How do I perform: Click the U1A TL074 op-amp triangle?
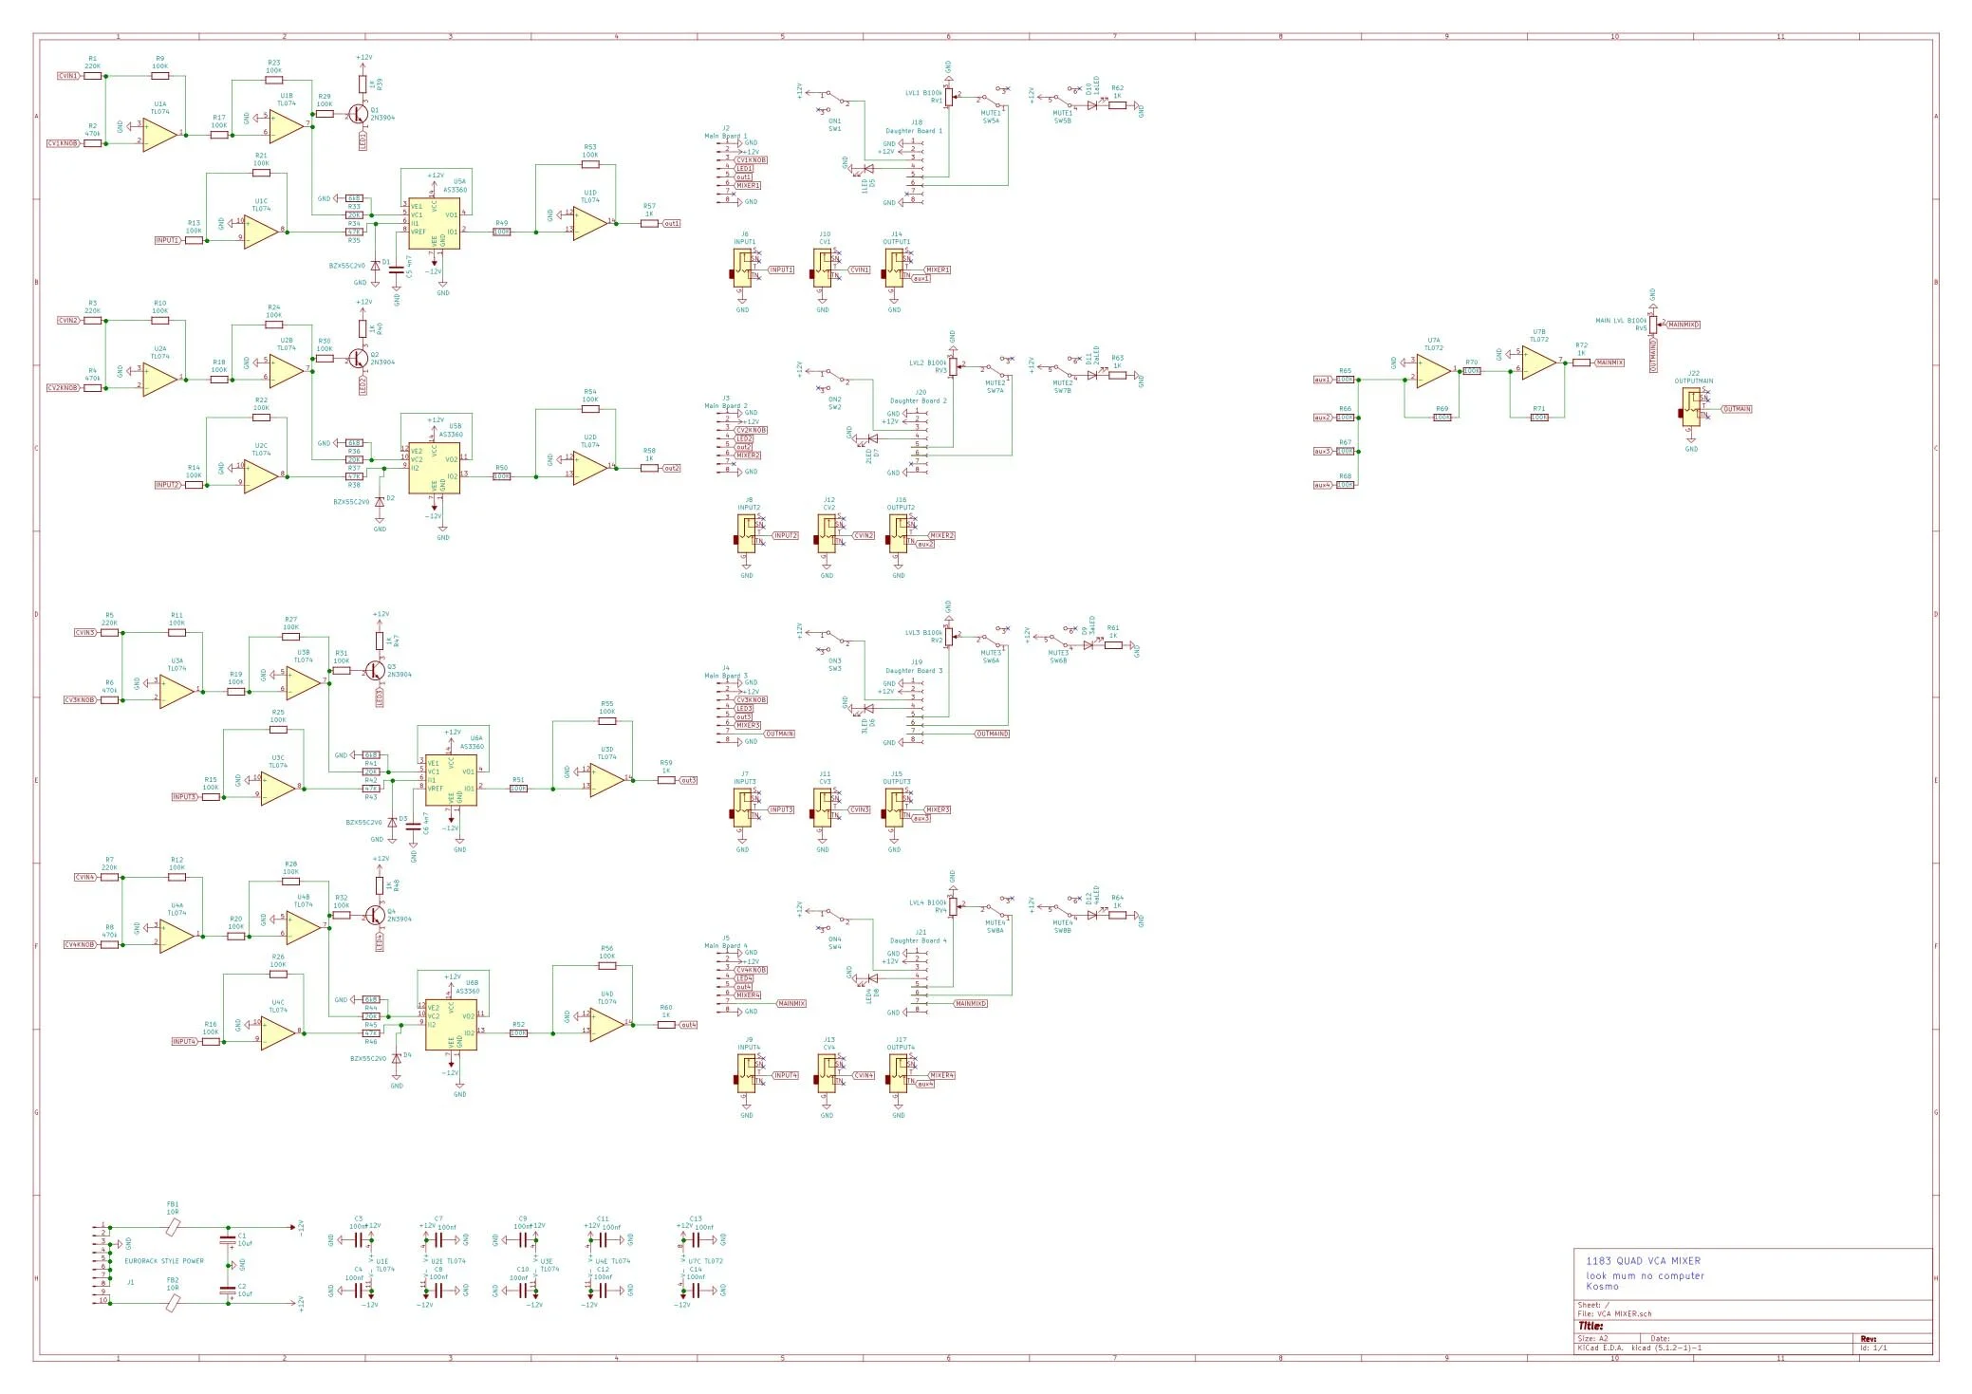point(160,134)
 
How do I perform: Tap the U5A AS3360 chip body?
point(434,224)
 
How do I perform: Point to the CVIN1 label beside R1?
point(69,75)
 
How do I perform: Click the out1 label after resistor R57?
point(671,224)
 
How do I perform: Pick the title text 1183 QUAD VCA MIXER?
point(1643,1261)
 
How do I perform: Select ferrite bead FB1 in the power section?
point(173,1227)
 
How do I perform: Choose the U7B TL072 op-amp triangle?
point(1538,361)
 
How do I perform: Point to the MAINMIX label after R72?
point(1609,362)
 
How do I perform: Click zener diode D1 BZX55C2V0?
point(374,266)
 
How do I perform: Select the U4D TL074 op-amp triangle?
point(606,1024)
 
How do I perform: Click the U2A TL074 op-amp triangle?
point(160,379)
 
